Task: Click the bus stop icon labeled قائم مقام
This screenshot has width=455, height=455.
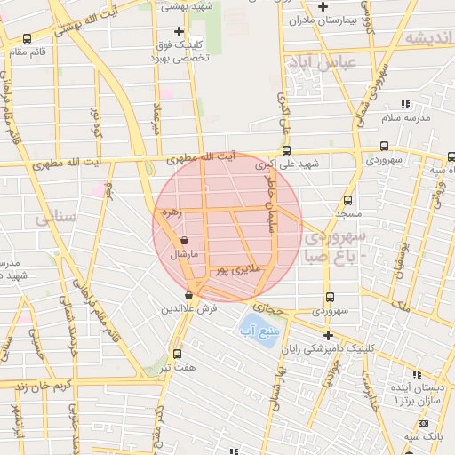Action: [28, 38]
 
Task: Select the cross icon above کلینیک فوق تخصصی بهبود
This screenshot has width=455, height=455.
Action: [179, 32]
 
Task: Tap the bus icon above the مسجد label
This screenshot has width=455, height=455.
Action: [347, 201]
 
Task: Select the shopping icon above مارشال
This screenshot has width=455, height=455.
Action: [184, 240]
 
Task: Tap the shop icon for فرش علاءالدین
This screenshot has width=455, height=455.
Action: [188, 296]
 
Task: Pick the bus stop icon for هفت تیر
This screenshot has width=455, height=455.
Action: [177, 354]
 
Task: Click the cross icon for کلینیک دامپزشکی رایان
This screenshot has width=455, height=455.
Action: [328, 335]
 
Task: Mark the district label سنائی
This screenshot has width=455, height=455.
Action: [50, 217]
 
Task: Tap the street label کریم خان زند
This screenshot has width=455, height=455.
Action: [30, 387]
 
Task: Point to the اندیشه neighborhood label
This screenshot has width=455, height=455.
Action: [427, 37]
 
